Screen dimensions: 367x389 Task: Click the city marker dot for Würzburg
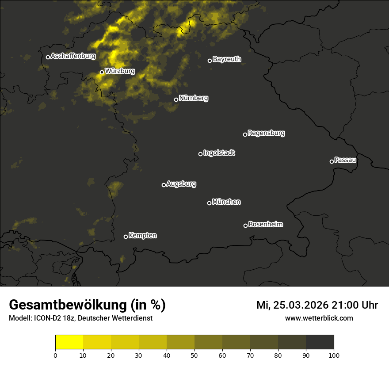[102, 72]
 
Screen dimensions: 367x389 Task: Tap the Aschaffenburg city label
[73, 56]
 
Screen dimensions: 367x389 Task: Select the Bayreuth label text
[227, 59]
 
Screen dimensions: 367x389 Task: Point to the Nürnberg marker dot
[176, 99]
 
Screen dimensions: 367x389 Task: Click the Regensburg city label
[266, 133]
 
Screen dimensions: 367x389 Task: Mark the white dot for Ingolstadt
[200, 154]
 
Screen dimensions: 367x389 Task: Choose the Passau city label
[345, 160]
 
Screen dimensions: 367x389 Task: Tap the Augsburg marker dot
[164, 185]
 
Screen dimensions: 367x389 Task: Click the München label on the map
[226, 202]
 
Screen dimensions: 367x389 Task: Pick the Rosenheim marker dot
[245, 226]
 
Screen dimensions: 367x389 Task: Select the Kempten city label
[142, 235]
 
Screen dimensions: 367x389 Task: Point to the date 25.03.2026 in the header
[301, 305]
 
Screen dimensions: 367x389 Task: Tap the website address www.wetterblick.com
[319, 318]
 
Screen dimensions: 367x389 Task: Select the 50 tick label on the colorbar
[194, 355]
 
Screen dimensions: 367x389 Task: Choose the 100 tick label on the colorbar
[334, 355]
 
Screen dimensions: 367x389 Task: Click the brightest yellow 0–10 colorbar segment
[69, 342]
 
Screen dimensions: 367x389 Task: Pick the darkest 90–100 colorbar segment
[320, 342]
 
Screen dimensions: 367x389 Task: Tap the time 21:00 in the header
[346, 305]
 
